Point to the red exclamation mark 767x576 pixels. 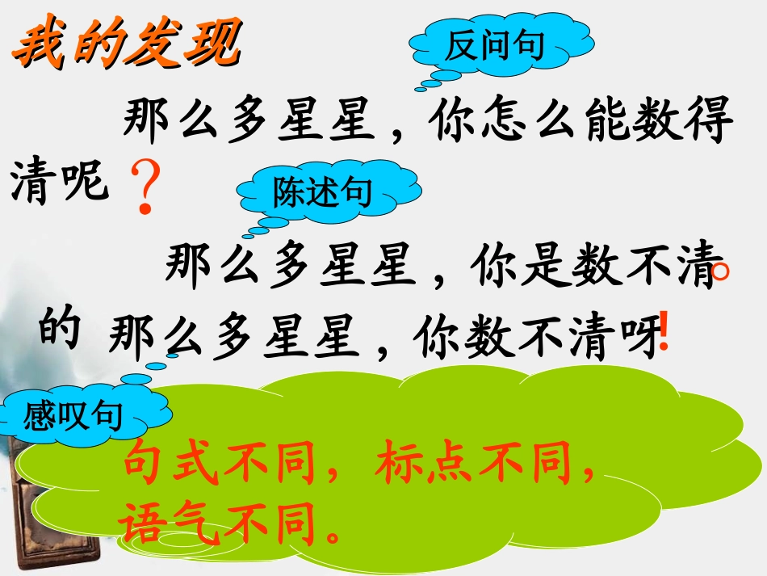[x=664, y=331]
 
